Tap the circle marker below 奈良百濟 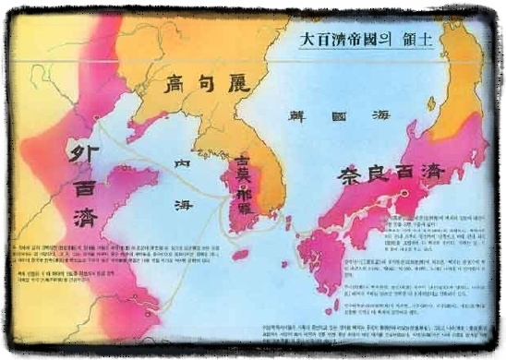click(404, 194)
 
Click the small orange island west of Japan click(288, 223)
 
